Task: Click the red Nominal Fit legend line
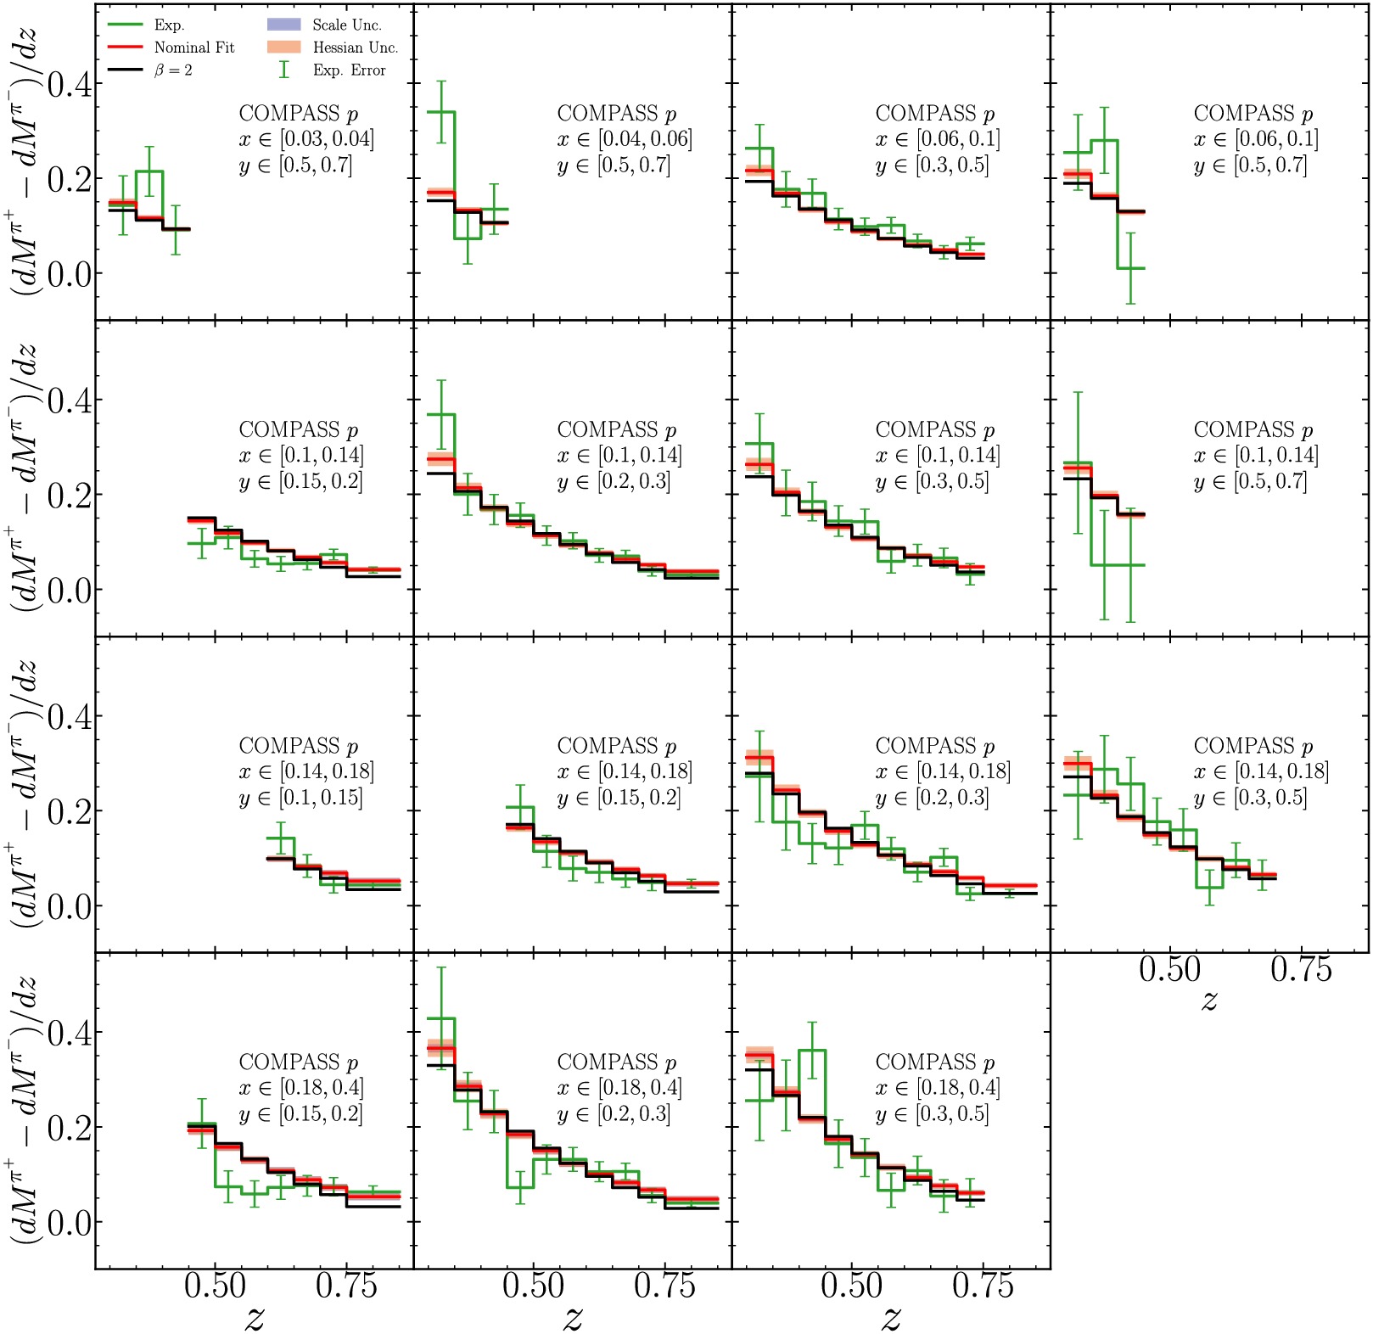coord(125,48)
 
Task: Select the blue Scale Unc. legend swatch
coord(283,25)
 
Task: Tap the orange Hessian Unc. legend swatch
coord(283,48)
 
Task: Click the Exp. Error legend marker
coord(284,70)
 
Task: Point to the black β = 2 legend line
coord(125,70)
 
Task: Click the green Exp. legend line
coord(125,25)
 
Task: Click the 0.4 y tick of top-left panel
coord(70,84)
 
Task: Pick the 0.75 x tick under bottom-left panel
coord(346,1286)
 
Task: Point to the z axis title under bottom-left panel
coord(255,1316)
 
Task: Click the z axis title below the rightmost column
coord(1209,1000)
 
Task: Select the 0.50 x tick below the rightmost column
coord(1170,969)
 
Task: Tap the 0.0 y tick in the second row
coord(70,590)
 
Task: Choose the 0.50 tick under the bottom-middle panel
coord(533,1286)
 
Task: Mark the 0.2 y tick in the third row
coord(70,811)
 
